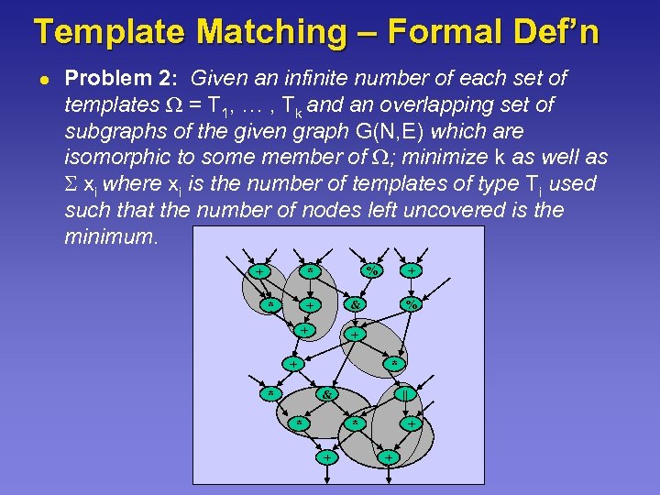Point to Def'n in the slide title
pyautogui.click(x=560, y=31)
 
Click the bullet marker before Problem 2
pyautogui.click(x=43, y=79)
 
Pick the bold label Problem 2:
pyautogui.click(x=126, y=79)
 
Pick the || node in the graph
pyautogui.click(x=402, y=395)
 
